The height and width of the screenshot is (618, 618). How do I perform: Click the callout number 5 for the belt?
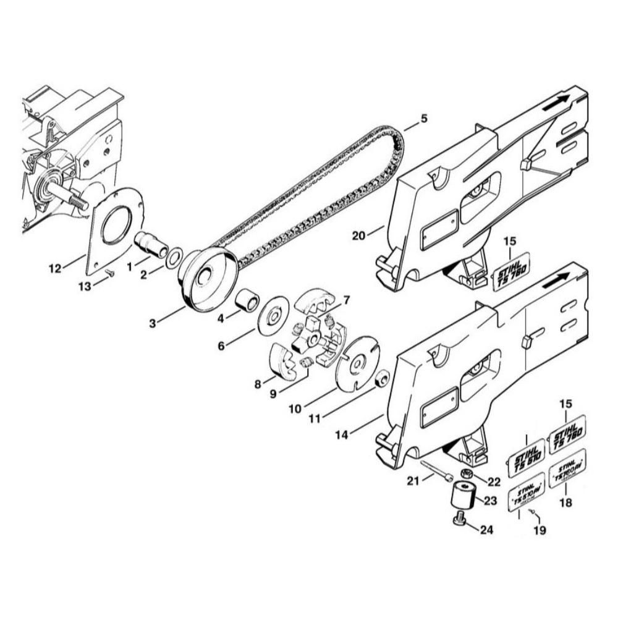pos(423,117)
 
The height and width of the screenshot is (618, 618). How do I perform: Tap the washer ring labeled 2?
pos(174,255)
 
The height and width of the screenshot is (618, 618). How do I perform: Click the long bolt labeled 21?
pos(436,470)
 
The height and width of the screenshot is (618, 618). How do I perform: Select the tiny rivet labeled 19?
pos(536,514)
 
